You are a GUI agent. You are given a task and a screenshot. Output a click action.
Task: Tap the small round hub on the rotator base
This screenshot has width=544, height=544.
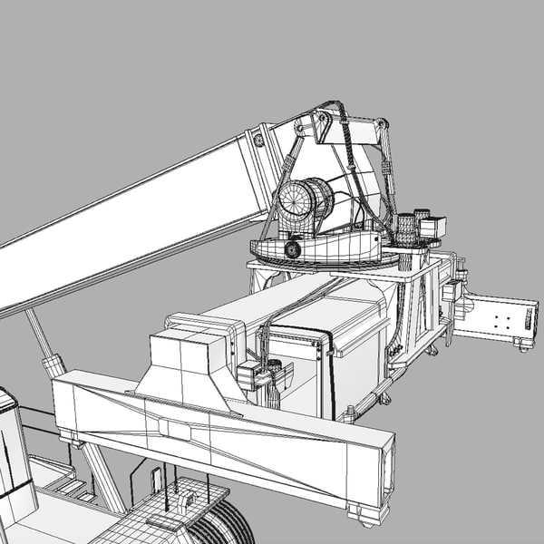tap(292, 248)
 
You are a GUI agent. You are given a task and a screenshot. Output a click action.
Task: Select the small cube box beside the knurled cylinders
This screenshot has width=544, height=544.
tap(433, 228)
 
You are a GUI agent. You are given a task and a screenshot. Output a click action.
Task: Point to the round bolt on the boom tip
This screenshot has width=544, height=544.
tap(258, 141)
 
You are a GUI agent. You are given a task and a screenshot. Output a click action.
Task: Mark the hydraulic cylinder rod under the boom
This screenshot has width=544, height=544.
tap(41, 339)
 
